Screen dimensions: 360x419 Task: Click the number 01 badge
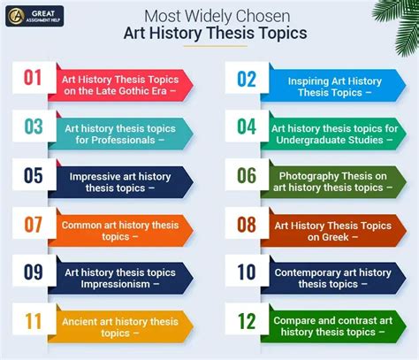[33, 78]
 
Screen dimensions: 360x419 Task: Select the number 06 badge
[246, 176]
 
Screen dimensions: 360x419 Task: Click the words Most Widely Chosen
[218, 15]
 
